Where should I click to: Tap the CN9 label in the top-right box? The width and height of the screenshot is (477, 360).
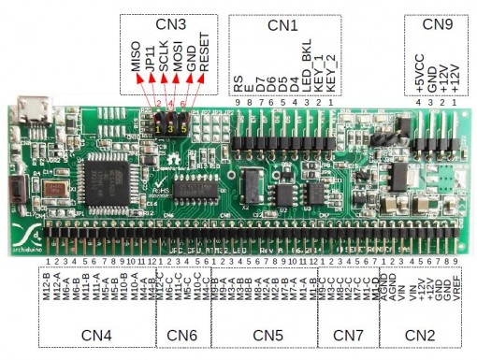pos(436,25)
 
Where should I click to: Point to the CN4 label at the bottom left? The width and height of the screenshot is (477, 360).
pos(95,334)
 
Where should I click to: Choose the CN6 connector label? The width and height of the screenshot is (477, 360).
pos(182,334)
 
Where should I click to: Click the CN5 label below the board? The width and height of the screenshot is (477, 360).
pos(266,334)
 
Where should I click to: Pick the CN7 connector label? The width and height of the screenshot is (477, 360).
pos(348,334)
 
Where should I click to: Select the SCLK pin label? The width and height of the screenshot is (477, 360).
pos(163,58)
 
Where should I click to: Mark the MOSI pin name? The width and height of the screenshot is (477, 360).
pos(177,58)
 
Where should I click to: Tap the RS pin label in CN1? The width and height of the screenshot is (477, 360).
pos(239,84)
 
